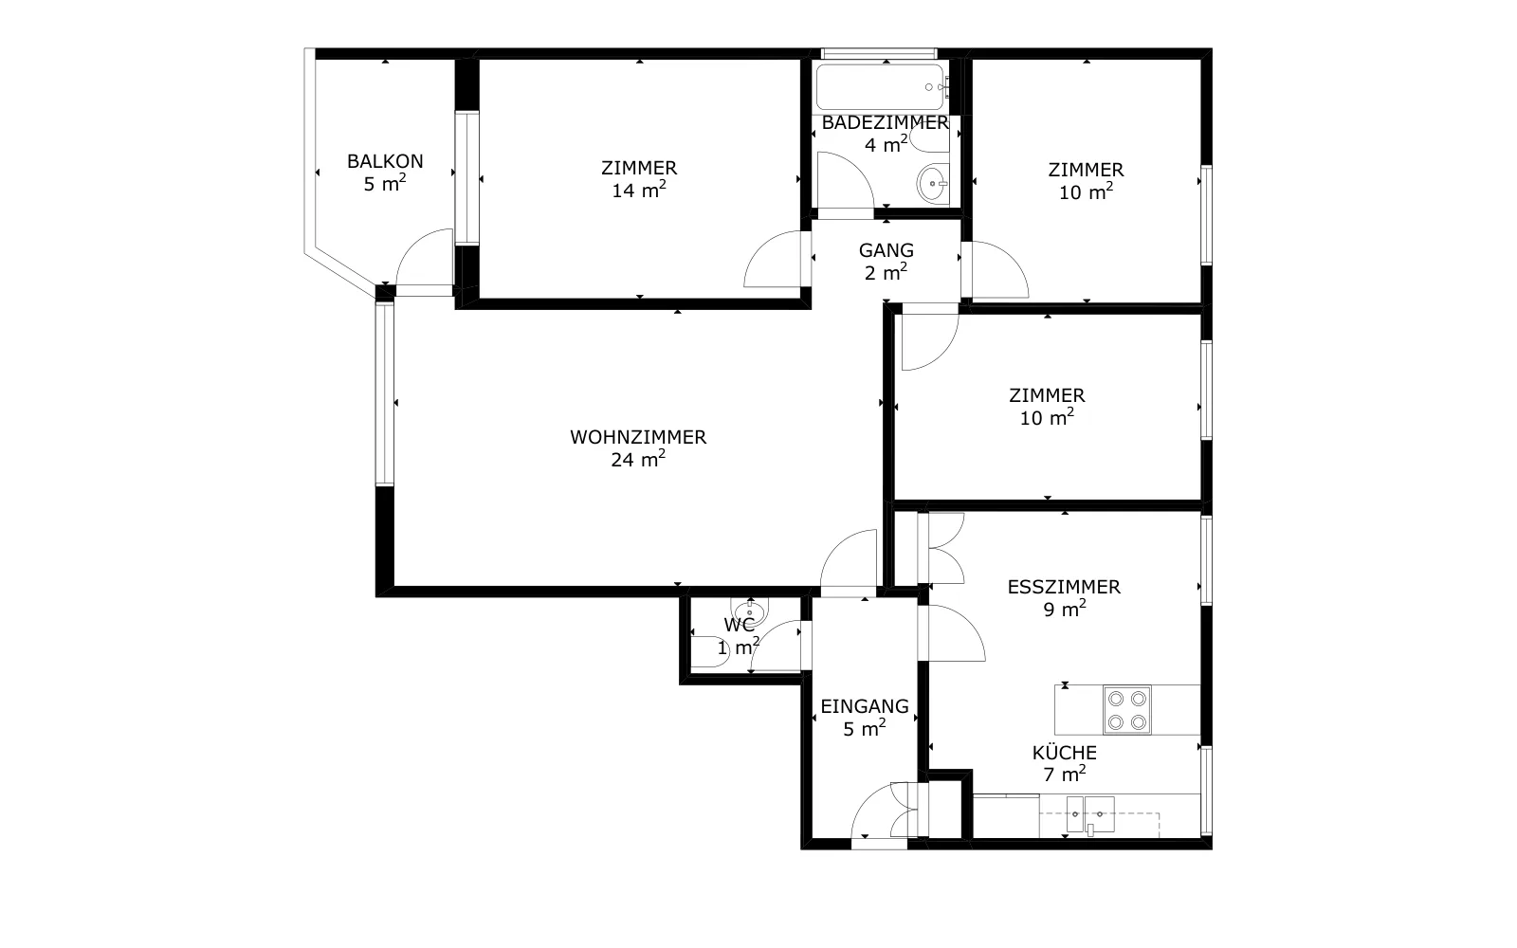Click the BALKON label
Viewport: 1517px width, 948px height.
coord(385,161)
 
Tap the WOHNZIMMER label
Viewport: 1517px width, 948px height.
coord(638,437)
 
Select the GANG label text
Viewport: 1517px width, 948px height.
coord(886,250)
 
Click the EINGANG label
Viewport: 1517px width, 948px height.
coord(864,706)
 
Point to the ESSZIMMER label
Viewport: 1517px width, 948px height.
coord(1064,587)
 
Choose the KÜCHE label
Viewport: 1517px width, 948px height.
coord(1064,753)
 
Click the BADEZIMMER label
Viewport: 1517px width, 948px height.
coord(886,122)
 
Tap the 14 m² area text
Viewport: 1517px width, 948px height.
coord(639,191)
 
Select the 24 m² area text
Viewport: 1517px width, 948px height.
coord(638,459)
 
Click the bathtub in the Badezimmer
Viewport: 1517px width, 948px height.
coord(882,86)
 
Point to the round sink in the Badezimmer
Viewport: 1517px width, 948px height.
coord(933,184)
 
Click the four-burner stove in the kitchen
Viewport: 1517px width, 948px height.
coord(1127,710)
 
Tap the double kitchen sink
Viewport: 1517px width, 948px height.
coord(1090,814)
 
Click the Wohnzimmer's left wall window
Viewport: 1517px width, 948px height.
coord(385,393)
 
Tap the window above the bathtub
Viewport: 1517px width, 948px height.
coord(879,53)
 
